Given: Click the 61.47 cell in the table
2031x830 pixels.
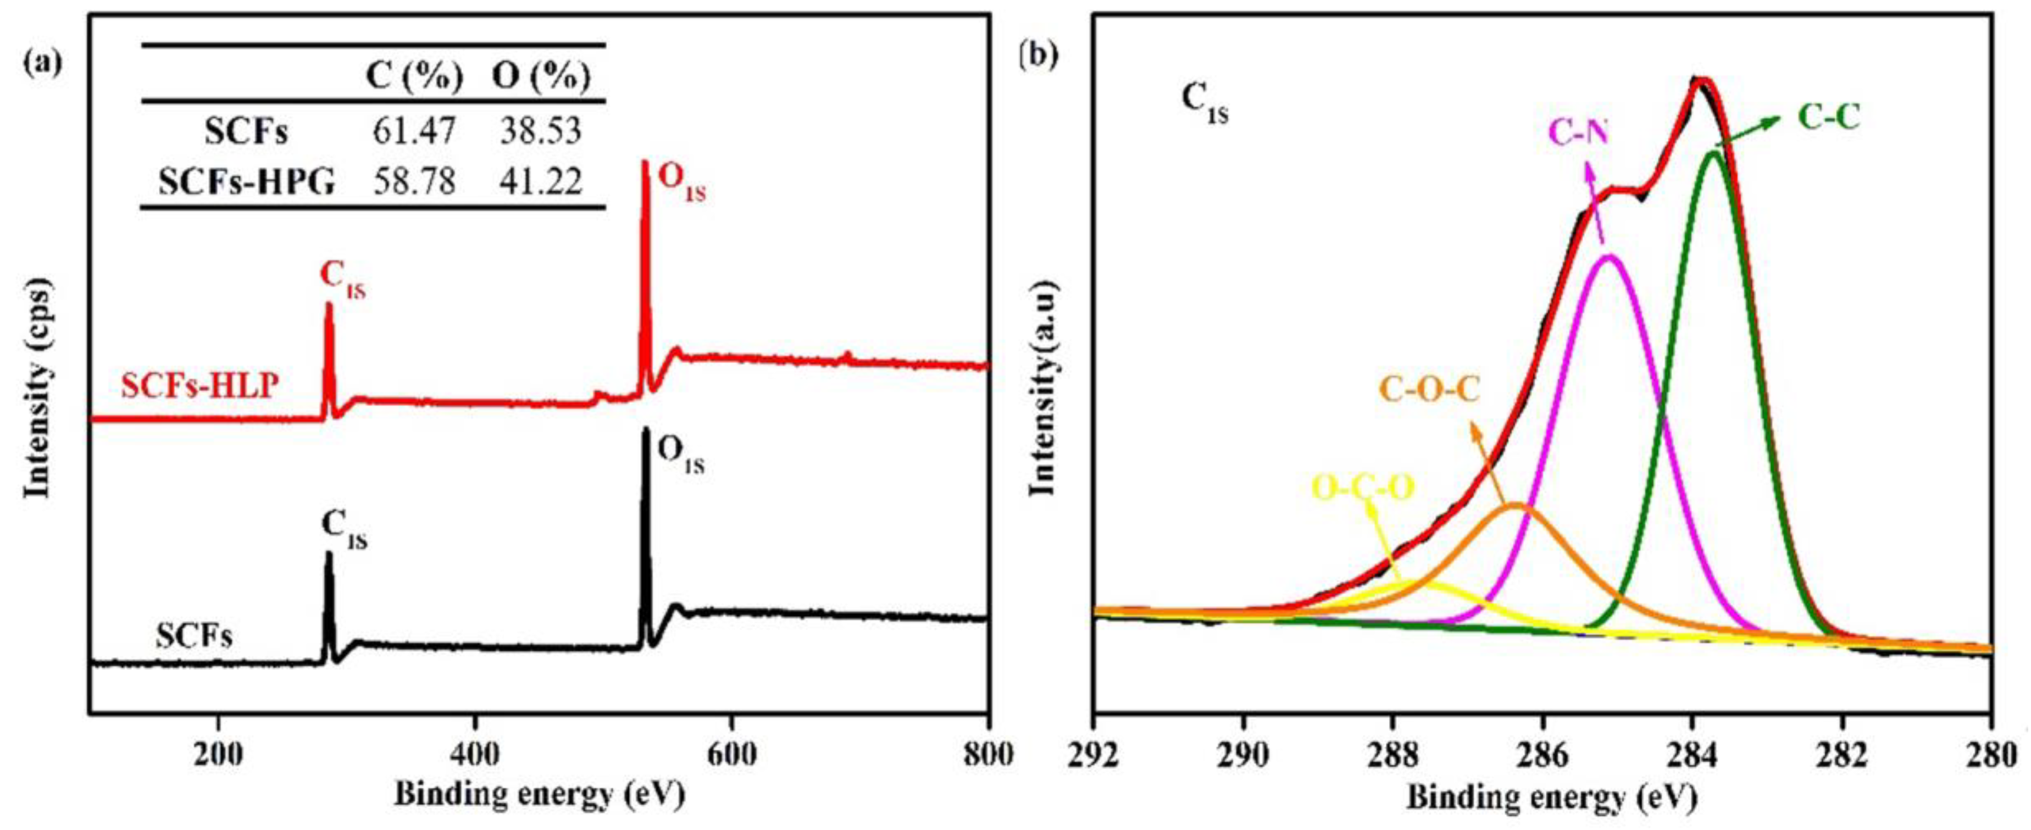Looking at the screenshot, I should (414, 131).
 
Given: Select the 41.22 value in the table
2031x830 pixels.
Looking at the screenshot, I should (541, 181).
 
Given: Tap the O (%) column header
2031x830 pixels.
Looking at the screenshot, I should (541, 78).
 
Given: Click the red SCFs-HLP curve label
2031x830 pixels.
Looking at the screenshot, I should (199, 386).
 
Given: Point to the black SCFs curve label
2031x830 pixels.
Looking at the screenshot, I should (194, 636).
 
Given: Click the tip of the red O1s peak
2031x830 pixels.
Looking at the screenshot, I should (645, 163).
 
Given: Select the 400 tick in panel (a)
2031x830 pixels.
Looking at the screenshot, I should (475, 754).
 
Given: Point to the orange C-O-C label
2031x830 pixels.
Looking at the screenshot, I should (1429, 391).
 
